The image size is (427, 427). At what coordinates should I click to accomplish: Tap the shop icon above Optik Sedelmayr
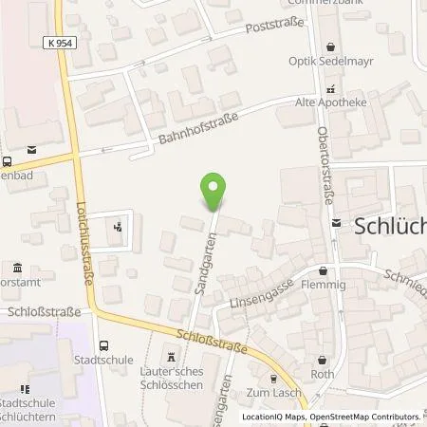point(332,46)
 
